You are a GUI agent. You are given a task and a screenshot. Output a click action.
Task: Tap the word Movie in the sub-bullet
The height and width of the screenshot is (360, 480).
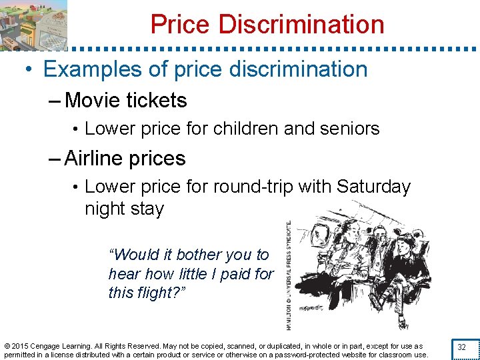click(x=93, y=101)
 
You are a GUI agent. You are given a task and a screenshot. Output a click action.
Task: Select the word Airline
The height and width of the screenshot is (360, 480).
click(x=93, y=159)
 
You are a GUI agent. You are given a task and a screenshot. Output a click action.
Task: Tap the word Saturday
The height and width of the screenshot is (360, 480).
click(x=373, y=187)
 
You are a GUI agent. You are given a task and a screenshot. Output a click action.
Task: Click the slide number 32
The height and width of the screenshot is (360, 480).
click(x=461, y=347)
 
